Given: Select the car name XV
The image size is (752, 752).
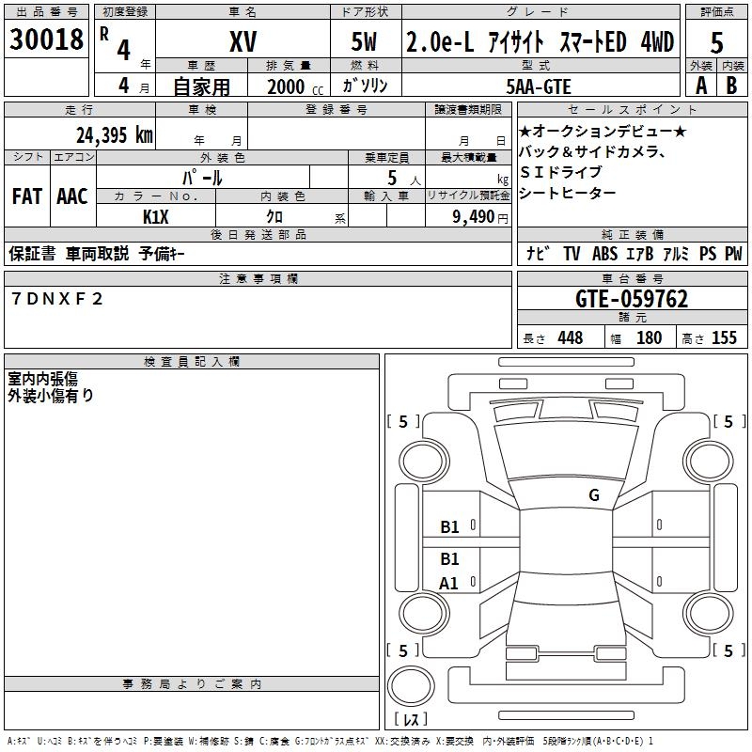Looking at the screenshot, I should [x=243, y=41].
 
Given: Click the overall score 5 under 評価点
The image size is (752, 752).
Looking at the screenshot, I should [x=717, y=43].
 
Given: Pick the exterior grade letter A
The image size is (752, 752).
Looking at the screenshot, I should [x=699, y=85].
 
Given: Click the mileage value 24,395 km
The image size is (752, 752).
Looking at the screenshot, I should [x=114, y=134].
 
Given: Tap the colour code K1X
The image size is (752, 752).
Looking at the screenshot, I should [x=156, y=216].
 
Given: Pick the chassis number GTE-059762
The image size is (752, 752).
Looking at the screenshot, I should [x=631, y=299].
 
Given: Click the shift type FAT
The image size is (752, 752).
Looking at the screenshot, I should [x=27, y=196].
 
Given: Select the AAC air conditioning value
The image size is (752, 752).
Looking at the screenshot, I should [x=71, y=196].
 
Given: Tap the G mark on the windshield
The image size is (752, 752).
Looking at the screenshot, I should [x=593, y=495].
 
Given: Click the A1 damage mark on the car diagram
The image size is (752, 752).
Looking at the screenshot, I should [x=449, y=584].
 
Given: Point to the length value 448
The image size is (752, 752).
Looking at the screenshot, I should [x=570, y=337].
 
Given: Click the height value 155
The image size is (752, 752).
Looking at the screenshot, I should [x=724, y=337].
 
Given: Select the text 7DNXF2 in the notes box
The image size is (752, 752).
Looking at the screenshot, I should [x=58, y=299].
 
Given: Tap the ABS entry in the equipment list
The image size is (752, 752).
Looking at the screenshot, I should [x=604, y=254].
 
